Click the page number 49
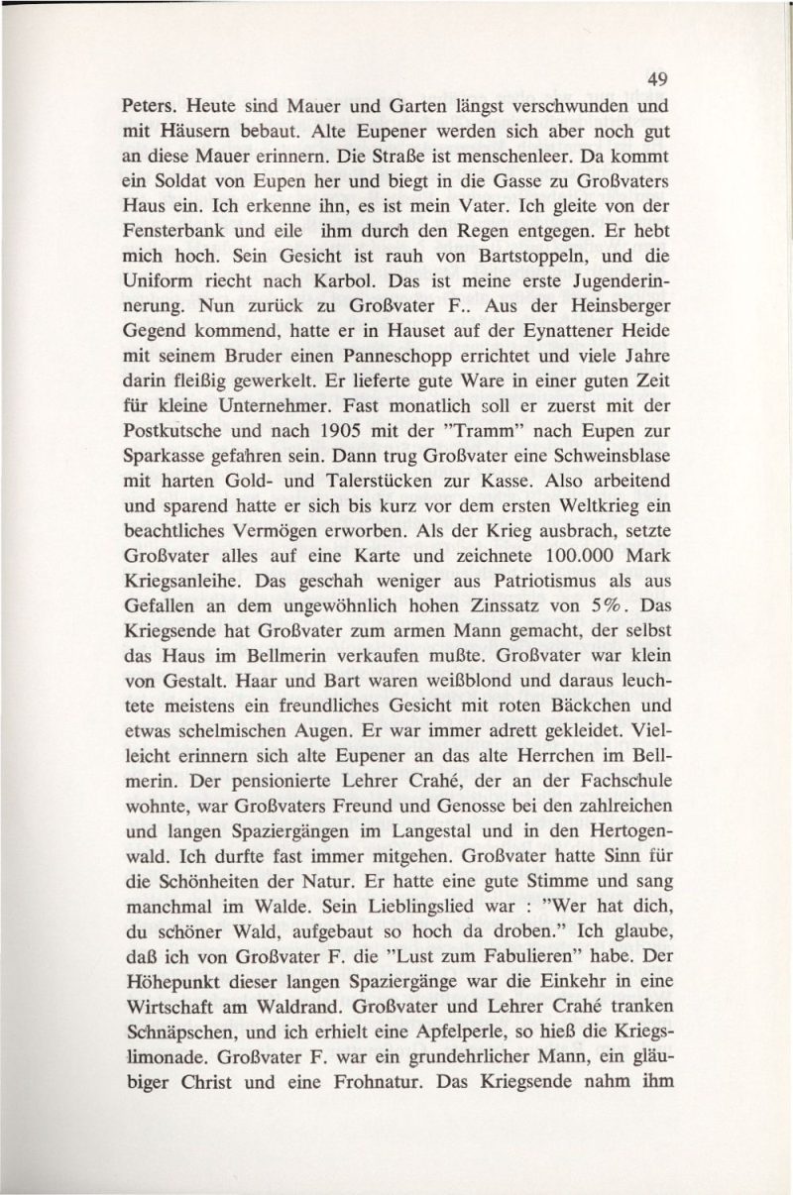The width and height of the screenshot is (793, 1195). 652,79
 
